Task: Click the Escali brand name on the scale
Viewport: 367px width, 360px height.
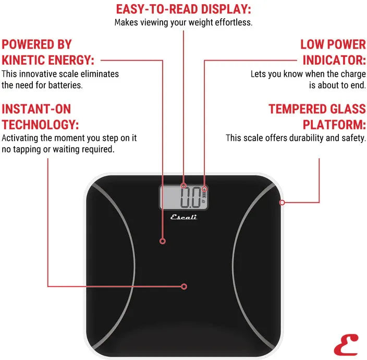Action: pos(184,217)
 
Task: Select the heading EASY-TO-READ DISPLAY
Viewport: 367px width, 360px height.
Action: pos(183,9)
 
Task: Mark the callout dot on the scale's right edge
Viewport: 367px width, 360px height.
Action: pos(282,202)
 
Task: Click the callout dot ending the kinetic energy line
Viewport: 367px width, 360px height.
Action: pos(163,242)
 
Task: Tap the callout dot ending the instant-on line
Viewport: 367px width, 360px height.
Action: pos(184,286)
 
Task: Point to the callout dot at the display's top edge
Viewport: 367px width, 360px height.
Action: pos(184,185)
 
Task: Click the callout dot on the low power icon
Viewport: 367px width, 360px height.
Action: pos(204,189)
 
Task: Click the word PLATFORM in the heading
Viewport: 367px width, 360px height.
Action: pos(334,125)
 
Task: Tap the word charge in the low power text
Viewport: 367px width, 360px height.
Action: pos(353,74)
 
